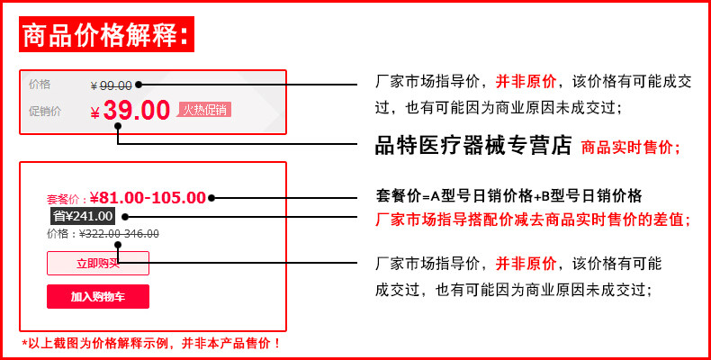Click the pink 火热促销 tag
[x=204, y=110]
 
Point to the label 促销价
[x=45, y=112]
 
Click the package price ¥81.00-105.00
[x=148, y=198]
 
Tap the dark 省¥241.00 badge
[x=82, y=216]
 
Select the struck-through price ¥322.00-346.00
[x=120, y=234]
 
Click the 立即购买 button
[x=97, y=264]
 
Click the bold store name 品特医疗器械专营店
[x=473, y=145]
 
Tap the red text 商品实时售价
[x=631, y=147]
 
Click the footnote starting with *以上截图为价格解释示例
[x=151, y=343]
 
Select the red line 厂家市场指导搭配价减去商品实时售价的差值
[x=532, y=219]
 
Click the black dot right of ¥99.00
[x=139, y=85]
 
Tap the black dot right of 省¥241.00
[x=124, y=216]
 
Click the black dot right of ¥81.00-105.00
[x=211, y=198]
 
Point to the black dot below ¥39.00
[x=118, y=127]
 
